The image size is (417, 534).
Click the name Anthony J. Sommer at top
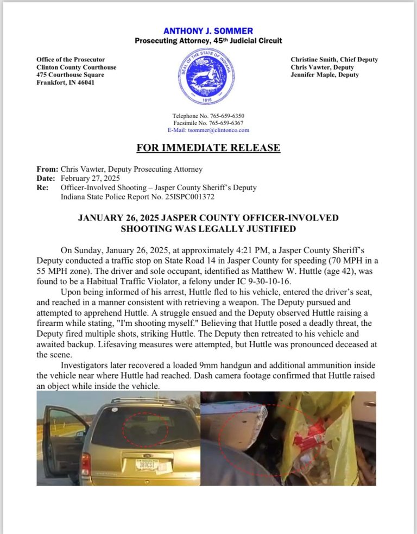tap(208, 31)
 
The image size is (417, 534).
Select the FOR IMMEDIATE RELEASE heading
tap(208, 148)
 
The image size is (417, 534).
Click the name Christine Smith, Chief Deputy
tap(334, 60)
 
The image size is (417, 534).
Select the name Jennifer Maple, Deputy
tap(325, 75)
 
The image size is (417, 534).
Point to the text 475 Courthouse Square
tap(70, 75)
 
